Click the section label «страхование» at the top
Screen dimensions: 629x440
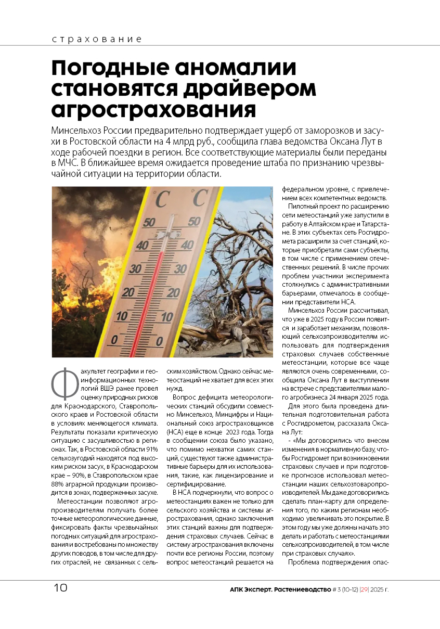97,40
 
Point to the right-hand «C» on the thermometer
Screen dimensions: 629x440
199,198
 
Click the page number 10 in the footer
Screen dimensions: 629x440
60,588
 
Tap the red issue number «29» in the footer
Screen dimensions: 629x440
358,589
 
